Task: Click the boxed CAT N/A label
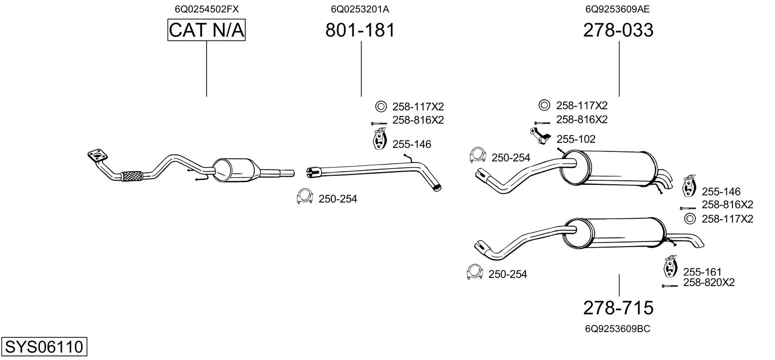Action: [x=207, y=30]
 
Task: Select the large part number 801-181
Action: [x=360, y=30]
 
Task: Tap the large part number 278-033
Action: [x=618, y=30]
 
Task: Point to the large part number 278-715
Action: [x=618, y=307]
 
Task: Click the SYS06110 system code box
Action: [x=44, y=347]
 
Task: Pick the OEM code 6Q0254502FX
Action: [x=207, y=9]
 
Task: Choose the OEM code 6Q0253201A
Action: [x=360, y=9]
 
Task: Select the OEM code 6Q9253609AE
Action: [x=617, y=9]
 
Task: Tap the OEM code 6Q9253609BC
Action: [x=617, y=329]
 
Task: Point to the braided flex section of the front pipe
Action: [x=132, y=176]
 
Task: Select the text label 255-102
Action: [x=576, y=139]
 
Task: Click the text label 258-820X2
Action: [x=709, y=283]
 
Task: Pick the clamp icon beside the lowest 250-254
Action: [x=474, y=272]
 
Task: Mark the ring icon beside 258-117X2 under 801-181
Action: [x=381, y=106]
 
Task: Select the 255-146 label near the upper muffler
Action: [x=721, y=191]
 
